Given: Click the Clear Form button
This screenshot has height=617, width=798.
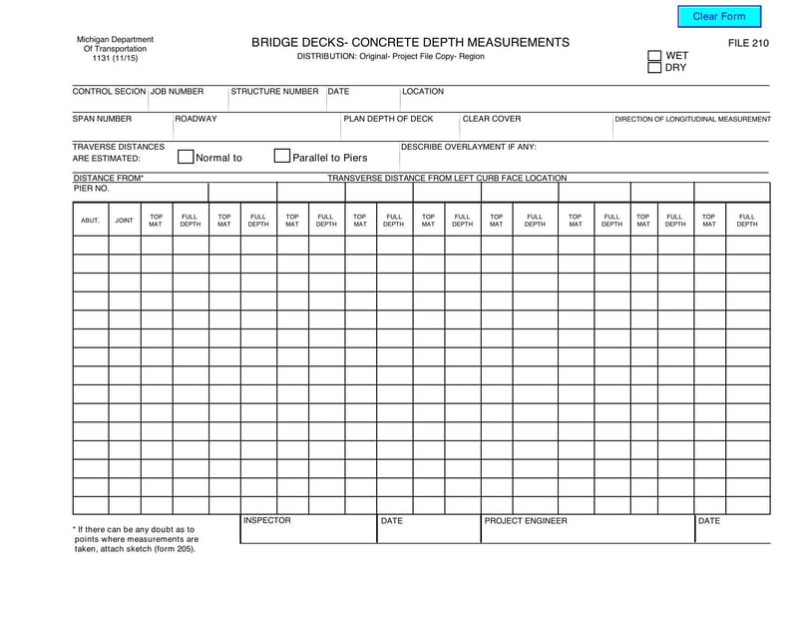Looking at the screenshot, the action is click(719, 16).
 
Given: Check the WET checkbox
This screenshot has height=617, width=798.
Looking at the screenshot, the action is click(655, 56).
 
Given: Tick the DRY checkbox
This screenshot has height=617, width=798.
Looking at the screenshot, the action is click(655, 68).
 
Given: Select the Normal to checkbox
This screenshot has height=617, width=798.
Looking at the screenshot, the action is click(186, 157).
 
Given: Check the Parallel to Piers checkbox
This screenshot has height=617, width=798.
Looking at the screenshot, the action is click(282, 157).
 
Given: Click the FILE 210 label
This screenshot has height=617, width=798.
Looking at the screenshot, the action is click(748, 43).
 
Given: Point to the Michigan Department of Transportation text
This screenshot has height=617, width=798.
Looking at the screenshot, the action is click(115, 49).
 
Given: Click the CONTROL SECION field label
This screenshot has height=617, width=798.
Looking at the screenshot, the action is click(109, 92).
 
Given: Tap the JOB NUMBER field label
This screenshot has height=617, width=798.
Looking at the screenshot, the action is click(177, 92).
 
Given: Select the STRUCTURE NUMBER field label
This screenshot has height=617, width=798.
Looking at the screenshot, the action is click(274, 92).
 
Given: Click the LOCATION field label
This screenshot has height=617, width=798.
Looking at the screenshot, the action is click(423, 92).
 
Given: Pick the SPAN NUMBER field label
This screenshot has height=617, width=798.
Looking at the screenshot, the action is click(102, 119).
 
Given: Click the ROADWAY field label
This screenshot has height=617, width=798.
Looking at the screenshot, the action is click(197, 119).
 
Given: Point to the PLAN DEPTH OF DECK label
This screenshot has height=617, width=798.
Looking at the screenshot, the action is click(389, 119).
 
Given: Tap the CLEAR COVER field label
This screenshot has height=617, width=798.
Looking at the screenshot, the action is click(492, 119).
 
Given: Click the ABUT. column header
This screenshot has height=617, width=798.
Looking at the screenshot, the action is click(90, 220).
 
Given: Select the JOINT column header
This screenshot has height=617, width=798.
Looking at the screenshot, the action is click(124, 220).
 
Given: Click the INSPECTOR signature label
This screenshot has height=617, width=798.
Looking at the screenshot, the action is click(267, 521).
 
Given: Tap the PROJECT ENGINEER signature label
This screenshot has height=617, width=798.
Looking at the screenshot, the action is click(526, 521).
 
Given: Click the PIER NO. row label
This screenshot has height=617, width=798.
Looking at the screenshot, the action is click(91, 188).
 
